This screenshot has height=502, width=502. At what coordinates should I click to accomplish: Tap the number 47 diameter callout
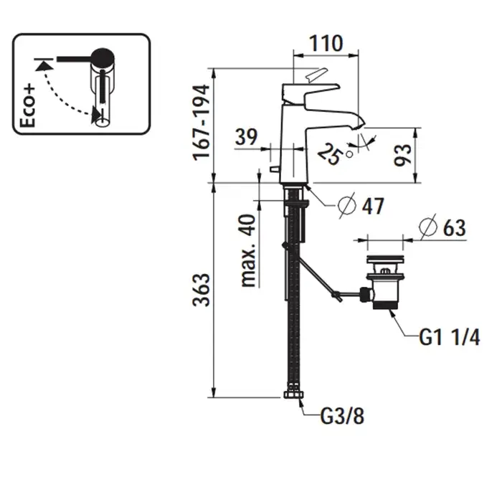(372, 207)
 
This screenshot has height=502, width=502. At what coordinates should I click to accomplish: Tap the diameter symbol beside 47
(346, 206)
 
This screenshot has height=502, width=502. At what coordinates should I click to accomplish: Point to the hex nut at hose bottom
(293, 396)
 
